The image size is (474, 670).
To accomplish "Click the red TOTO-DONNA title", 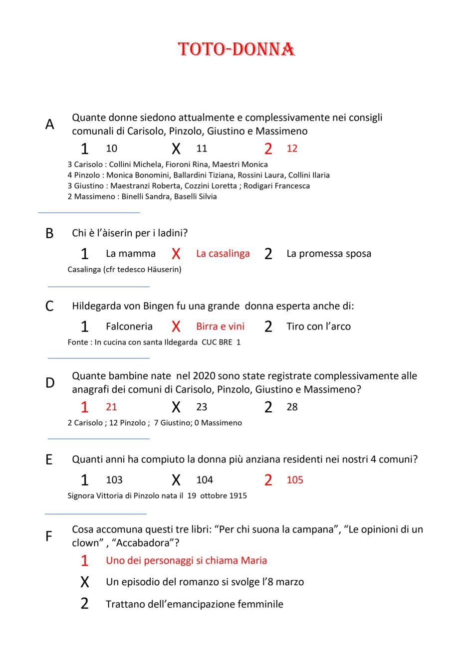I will click(237, 49).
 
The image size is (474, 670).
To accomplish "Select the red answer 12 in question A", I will click(292, 149).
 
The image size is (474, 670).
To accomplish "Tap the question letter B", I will click(49, 233).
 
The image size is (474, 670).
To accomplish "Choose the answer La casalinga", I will click(223, 254).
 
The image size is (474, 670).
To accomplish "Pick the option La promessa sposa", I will click(328, 254).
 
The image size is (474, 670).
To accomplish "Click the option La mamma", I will click(131, 254).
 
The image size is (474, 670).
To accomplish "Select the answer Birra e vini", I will click(220, 327).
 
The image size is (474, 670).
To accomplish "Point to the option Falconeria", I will click(129, 327).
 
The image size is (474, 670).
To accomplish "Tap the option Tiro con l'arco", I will click(318, 327).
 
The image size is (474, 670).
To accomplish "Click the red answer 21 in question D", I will click(111, 407).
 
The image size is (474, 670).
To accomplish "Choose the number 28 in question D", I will click(292, 407).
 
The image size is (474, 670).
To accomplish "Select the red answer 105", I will click(295, 480).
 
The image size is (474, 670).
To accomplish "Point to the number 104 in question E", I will click(205, 480).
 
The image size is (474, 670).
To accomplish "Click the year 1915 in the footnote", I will click(237, 496).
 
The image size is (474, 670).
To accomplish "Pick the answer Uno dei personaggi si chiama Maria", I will click(186, 561).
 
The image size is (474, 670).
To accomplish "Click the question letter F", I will click(49, 536).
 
